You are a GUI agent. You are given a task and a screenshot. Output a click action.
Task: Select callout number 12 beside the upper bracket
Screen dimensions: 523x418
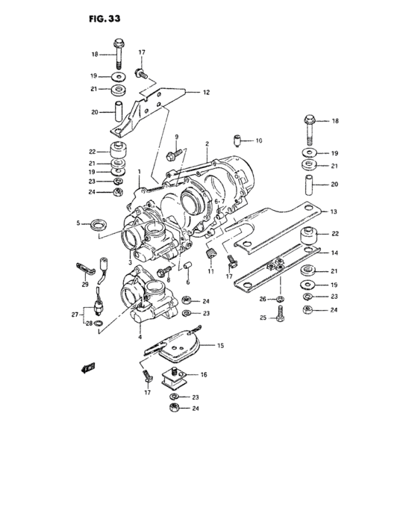(206, 93)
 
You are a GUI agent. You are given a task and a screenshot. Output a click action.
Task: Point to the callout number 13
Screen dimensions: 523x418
(334, 211)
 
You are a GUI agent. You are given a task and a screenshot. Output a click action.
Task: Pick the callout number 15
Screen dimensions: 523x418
(220, 347)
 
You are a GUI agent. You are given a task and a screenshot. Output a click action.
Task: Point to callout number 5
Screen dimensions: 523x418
(78, 222)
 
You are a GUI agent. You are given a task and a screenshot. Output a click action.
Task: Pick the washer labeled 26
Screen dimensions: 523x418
(278, 300)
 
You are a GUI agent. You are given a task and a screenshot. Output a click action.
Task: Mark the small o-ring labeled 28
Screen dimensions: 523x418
(99, 324)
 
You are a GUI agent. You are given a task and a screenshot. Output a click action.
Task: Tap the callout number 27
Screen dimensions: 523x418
(75, 315)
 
